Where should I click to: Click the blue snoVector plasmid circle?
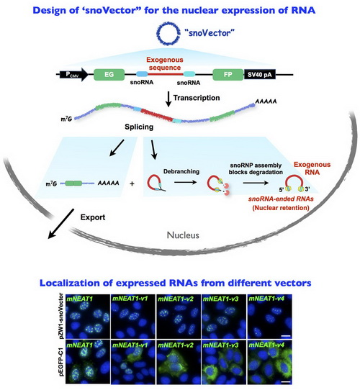click(x=158, y=33)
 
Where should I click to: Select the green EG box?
click(x=109, y=75)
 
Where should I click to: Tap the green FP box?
click(x=228, y=75)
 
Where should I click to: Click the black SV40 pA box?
click(x=259, y=75)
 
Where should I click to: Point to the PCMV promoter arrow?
click(x=73, y=75)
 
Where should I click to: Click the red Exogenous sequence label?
click(x=165, y=63)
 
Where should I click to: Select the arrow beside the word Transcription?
click(x=168, y=99)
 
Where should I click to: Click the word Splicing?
click(x=139, y=127)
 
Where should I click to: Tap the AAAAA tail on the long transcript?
click(x=266, y=101)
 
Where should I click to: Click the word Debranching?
click(x=181, y=171)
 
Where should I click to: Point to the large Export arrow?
click(x=60, y=224)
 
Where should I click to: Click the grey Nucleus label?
click(x=183, y=235)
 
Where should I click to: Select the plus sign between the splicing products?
click(x=132, y=183)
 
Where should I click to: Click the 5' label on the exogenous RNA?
click(x=282, y=190)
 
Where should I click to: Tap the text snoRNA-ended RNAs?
click(x=281, y=199)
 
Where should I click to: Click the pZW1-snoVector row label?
click(x=61, y=316)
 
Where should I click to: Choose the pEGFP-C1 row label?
click(x=61, y=362)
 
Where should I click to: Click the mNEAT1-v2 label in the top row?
click(x=176, y=299)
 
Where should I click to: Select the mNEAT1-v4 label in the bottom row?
click(x=266, y=345)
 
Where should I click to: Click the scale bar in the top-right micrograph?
click(x=286, y=336)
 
